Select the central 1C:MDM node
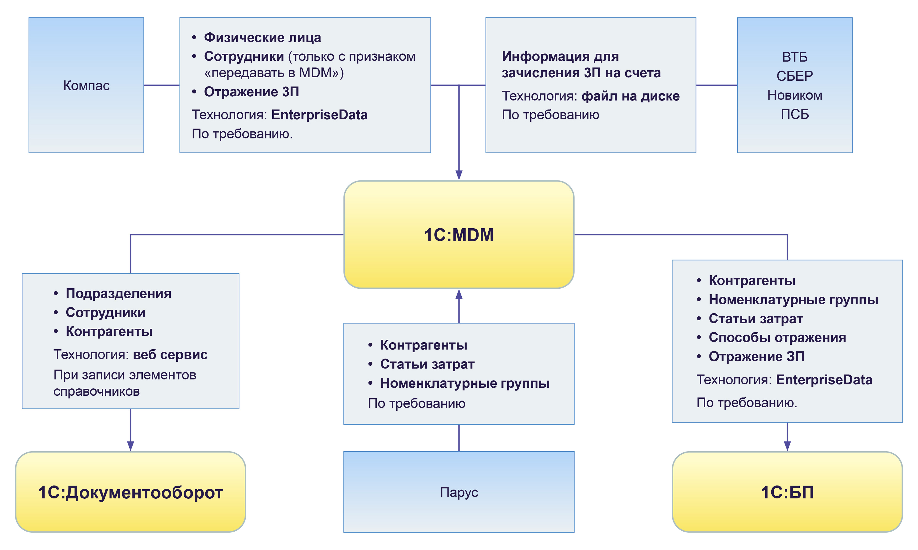tap(459, 235)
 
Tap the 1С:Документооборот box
tap(130, 492)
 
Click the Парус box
tap(459, 492)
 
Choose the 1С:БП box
tap(787, 492)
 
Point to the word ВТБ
tap(794, 57)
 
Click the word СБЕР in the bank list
tap(794, 76)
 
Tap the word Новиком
tap(794, 95)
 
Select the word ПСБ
tap(794, 114)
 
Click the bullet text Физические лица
tap(262, 37)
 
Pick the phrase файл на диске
tap(630, 96)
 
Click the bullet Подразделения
tap(118, 294)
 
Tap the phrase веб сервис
tap(170, 355)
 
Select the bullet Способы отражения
tap(777, 337)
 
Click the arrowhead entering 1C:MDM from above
tap(459, 175)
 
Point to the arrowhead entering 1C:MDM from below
tap(459, 294)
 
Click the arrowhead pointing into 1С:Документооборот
tap(131, 446)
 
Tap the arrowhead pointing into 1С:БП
tap(787, 446)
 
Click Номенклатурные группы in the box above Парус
tap(465, 383)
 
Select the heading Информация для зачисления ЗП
tap(581, 64)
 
